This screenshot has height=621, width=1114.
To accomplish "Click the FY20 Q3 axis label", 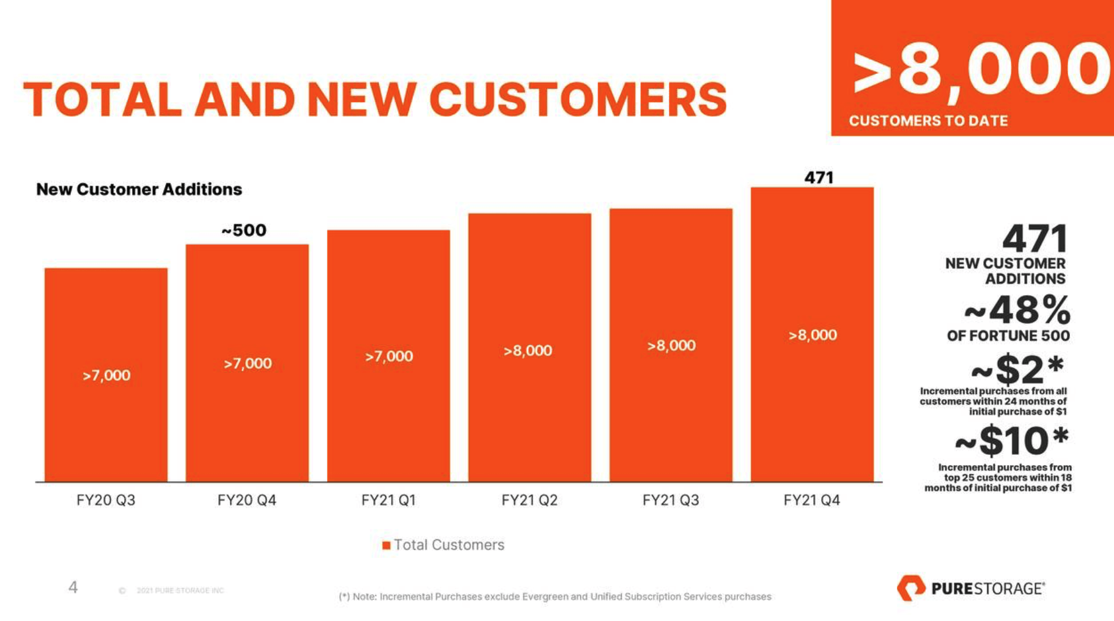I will (x=106, y=501).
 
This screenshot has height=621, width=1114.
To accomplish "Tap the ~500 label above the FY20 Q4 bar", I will (x=244, y=230).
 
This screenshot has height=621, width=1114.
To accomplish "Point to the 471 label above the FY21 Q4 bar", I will (x=819, y=177).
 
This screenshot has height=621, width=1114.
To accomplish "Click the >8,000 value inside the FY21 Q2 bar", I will (x=528, y=351).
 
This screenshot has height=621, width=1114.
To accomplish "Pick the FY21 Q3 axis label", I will (x=671, y=501).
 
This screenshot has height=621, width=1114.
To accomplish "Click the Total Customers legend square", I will (x=386, y=545).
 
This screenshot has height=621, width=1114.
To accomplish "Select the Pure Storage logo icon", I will (x=911, y=587).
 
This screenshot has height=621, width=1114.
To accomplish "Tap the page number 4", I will (x=73, y=587).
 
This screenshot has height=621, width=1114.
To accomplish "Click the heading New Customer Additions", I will (x=139, y=189).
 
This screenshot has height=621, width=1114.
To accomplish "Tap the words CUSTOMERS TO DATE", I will (x=928, y=121).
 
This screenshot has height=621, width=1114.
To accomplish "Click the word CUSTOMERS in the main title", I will (x=578, y=100).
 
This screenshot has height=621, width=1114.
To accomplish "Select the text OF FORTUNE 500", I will (x=1008, y=336).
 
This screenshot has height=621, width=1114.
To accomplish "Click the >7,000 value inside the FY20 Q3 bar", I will (x=106, y=375).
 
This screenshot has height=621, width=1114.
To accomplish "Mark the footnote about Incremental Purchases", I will (x=555, y=597).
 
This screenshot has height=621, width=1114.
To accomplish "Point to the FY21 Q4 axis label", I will (x=812, y=501).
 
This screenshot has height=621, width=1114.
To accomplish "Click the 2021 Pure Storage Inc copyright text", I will (x=180, y=590).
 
